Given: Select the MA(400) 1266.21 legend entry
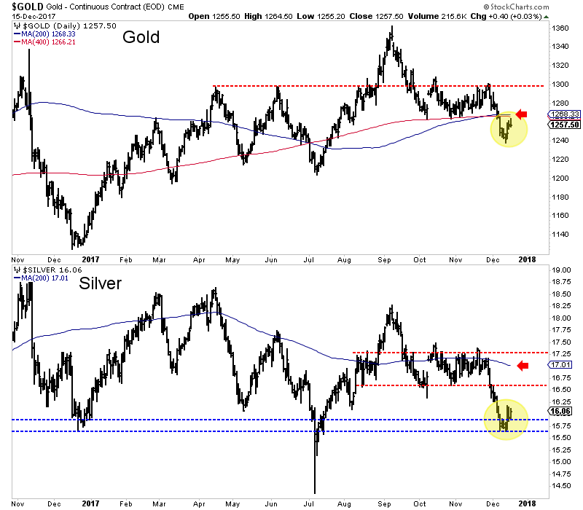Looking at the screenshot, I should pos(48,42).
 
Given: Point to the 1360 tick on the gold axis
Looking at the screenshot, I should pos(560,28).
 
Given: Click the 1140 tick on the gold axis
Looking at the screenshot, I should pos(560,235).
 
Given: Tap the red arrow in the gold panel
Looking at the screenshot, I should pos(520,114).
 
